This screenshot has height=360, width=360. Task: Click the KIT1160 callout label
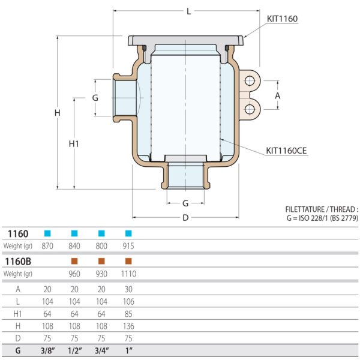pyautogui.click(x=282, y=19)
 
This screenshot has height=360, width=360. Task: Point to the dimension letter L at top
pyautogui.click(x=189, y=11)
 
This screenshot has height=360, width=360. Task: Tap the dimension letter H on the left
pyautogui.click(x=57, y=113)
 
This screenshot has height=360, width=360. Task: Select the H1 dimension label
pyautogui.click(x=74, y=143)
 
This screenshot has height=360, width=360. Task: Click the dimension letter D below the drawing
pyautogui.click(x=185, y=218)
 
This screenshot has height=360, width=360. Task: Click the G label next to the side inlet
pyautogui.click(x=95, y=97)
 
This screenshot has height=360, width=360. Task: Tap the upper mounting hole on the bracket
pyautogui.click(x=248, y=81)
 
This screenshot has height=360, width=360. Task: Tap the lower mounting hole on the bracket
pyautogui.click(x=248, y=109)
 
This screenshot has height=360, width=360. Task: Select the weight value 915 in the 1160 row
pyautogui.click(x=128, y=246)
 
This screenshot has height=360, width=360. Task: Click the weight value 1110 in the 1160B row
pyautogui.click(x=128, y=274)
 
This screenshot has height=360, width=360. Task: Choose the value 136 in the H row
pyautogui.click(x=128, y=326)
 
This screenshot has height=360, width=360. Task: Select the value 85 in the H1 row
pyautogui.click(x=128, y=313)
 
